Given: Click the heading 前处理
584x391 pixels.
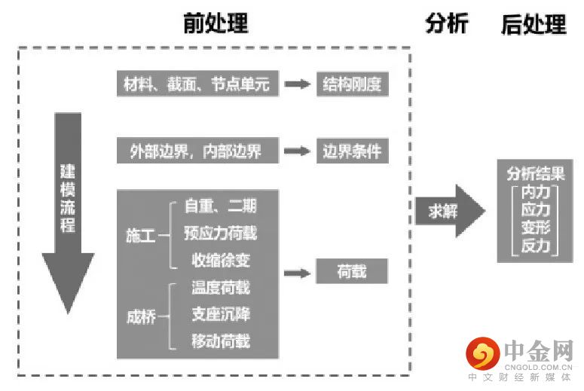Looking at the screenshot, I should coord(216,23).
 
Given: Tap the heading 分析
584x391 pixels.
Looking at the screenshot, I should coord(446,23).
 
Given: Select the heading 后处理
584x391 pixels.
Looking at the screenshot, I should coord(534,24).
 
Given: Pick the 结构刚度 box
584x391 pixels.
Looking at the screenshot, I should coord(351,84).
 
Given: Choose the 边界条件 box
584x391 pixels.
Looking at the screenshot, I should coord(351,151).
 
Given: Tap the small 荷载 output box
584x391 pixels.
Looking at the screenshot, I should coord(351,270).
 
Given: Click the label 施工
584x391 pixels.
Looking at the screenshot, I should coord(139,236).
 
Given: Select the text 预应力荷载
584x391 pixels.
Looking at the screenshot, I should coord(220,233).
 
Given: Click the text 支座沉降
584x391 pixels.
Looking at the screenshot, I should coord(220,314).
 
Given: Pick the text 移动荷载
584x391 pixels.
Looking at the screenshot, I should coord(220,341).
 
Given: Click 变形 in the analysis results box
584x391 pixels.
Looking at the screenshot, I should coord(535,228).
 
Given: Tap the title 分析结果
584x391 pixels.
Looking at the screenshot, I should coord(535,174).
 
